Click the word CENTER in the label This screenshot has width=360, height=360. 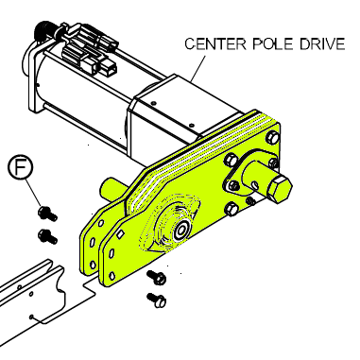tap(215, 44)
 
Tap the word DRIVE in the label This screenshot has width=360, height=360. tap(322, 44)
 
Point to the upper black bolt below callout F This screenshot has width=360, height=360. tap(47, 214)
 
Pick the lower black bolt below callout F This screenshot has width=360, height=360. tap(47, 236)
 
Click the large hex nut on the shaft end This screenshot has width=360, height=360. tap(280, 189)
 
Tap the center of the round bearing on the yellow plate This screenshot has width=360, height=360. tap(180, 231)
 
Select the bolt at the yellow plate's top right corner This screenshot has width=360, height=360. tap(273, 137)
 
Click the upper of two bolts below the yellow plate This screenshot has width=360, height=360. tap(157, 277)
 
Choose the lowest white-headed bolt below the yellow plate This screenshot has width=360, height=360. tap(157, 300)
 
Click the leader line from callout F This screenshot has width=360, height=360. tap(33, 193)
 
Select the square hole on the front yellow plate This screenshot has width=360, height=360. tap(120, 233)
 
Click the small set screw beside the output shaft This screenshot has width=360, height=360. tap(251, 200)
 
